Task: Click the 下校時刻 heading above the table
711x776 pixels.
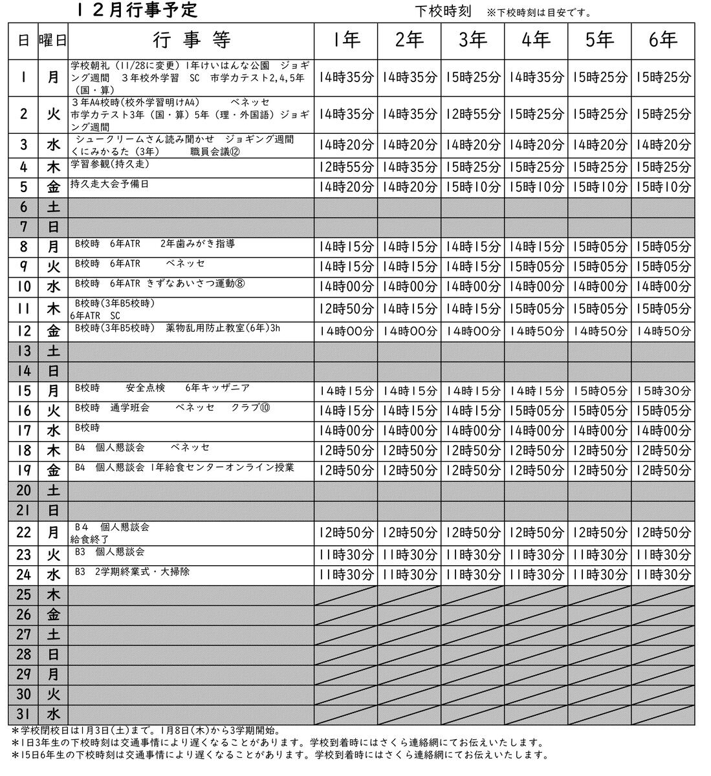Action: pos(442,12)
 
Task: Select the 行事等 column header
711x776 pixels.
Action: pos(191,41)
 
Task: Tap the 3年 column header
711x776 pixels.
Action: pos(472,41)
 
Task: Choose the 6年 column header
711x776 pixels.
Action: pos(663,41)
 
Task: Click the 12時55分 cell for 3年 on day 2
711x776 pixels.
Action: pos(472,114)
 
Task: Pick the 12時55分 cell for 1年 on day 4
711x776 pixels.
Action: pos(346,168)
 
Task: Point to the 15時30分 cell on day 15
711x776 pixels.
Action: pos(663,391)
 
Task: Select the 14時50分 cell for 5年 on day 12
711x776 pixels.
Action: pos(600,331)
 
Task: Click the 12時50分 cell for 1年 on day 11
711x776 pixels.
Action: pos(346,310)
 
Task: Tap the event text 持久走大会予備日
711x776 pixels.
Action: pos(109,184)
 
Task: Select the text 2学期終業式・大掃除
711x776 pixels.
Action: pos(142,572)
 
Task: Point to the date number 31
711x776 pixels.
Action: pos(23,715)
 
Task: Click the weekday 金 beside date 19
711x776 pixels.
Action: pos(53,471)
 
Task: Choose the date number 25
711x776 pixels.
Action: pos(23,595)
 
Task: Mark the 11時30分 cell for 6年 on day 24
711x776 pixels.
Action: pos(663,575)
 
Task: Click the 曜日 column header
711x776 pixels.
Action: pos(53,41)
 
